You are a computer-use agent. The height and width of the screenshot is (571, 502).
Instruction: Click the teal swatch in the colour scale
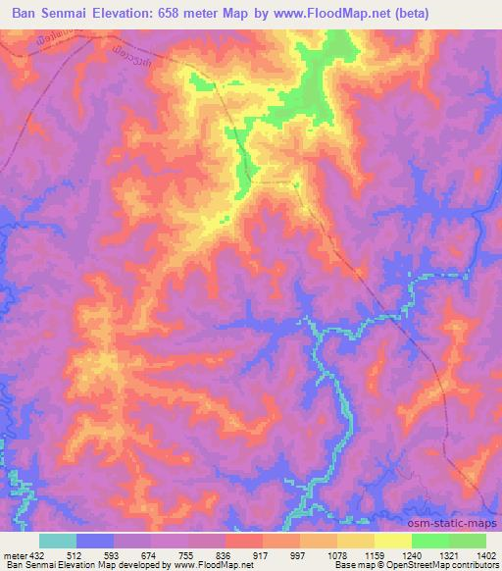pos(58,542)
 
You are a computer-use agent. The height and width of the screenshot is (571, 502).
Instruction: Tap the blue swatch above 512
pos(95,542)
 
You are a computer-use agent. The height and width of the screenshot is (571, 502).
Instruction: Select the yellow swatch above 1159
pos(355,542)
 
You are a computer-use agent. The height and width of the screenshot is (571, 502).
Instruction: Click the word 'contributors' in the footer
pos(475,565)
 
